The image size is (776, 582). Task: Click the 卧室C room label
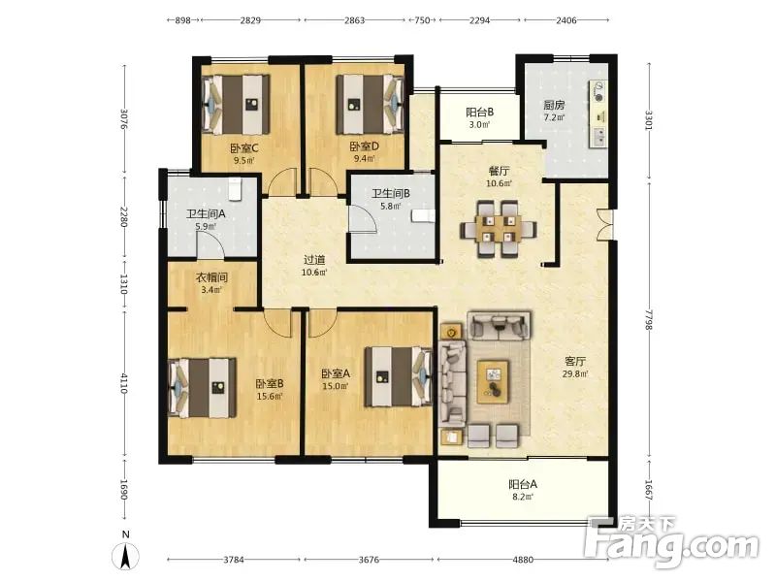coord(244,148)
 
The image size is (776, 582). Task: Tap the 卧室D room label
coord(365,146)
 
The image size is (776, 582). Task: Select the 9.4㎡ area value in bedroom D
coord(365,159)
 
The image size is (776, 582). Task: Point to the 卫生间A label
coord(206,214)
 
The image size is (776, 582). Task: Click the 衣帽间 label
coord(211,277)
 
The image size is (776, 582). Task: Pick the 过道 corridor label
coord(314,260)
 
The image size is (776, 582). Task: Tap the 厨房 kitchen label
coord(554,105)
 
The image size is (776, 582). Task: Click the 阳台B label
coord(479,113)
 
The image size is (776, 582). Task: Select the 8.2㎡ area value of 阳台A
coord(522,497)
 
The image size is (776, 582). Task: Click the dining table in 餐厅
coord(499,229)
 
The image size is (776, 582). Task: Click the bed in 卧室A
coord(399,376)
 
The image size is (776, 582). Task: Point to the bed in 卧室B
coord(203,388)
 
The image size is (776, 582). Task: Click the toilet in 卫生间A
coord(234,188)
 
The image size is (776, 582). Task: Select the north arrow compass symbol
coord(126,555)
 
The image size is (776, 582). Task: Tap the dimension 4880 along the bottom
coord(523,560)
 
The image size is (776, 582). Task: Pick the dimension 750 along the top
coord(422,20)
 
